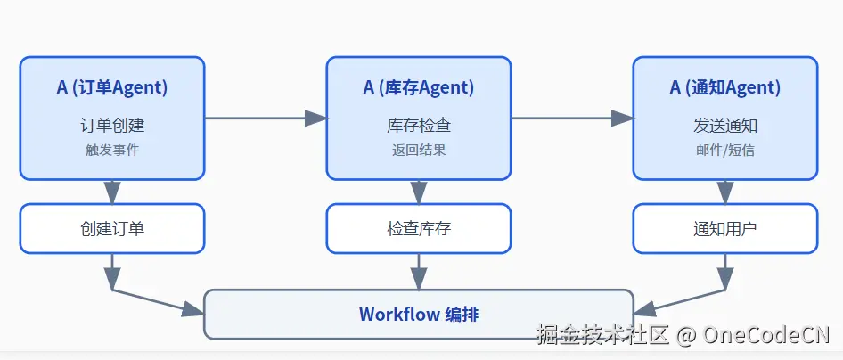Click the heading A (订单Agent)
112,87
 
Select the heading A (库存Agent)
419,87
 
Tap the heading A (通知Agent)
725,87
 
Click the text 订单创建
112,126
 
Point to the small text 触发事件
112,150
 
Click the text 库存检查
419,126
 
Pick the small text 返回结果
419,150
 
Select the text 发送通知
725,126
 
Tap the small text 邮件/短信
725,150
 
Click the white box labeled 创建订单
112,228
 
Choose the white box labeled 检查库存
419,228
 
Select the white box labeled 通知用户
725,228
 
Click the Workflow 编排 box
419,315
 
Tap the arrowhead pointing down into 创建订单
112,192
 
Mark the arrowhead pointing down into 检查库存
419,192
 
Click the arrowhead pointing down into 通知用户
725,192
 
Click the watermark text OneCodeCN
766,335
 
